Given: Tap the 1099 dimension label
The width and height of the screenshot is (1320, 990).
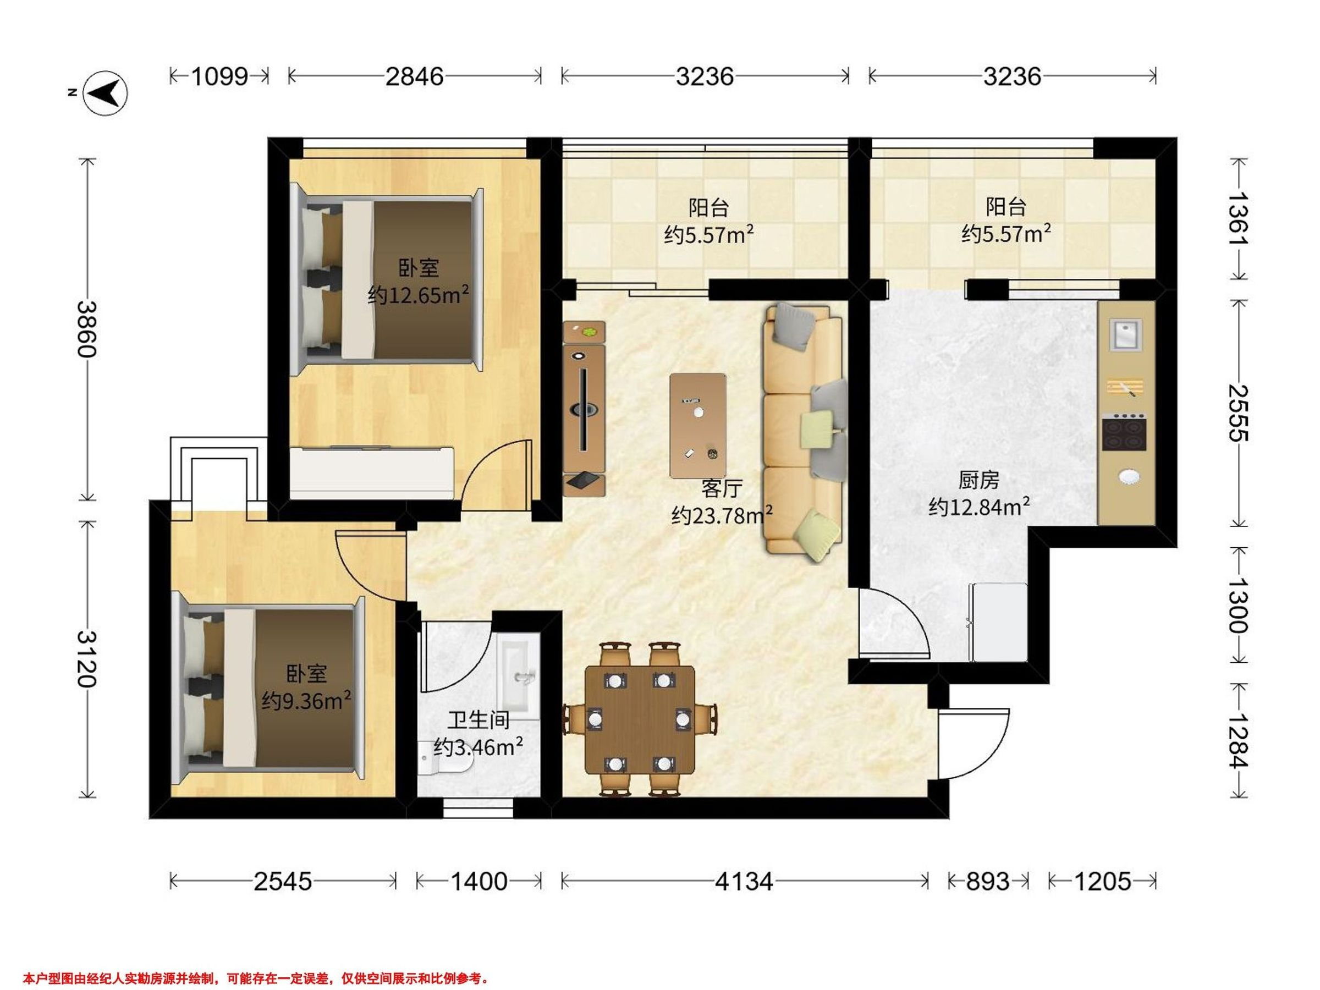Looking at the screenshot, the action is coord(219,76).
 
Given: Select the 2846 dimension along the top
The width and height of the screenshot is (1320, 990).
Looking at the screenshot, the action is coord(415,76).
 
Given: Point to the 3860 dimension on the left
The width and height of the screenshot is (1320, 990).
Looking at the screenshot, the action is coord(87,329).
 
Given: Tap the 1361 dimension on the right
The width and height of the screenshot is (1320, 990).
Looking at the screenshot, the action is coord(1238,218).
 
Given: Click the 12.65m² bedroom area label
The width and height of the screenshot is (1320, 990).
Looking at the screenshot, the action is coord(417,295).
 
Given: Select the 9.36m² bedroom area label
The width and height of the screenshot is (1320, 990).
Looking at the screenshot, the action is coord(306,701).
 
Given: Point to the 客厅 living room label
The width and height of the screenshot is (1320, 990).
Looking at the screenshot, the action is coord(722,489).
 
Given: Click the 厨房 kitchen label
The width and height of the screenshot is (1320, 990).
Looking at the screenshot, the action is coord(978,480).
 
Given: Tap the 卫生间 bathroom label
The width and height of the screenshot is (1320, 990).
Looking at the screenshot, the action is coord(479,721).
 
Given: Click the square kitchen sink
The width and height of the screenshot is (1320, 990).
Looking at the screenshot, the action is coord(1125,335).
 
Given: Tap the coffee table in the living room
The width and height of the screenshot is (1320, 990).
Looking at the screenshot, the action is coord(698,426).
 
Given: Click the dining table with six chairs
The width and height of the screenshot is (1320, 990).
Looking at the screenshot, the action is coord(640,719).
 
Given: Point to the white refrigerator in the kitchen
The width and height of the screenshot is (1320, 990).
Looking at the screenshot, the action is coord(999,623).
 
